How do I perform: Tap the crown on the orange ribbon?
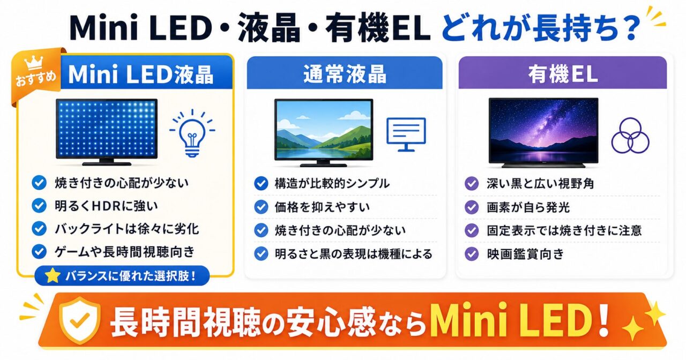pos(34,63)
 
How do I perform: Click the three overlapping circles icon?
pos(630,136)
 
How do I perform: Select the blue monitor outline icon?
pos(406,134)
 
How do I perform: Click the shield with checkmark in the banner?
pos(80,320)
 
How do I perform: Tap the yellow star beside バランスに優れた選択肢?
pos(53,275)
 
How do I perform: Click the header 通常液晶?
pos(345,74)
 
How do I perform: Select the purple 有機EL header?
pos(563,74)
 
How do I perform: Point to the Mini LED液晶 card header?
pos(141,74)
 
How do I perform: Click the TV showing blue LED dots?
pos(107,132)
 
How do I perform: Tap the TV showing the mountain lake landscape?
pos(324,132)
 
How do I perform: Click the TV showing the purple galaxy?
pos(543,132)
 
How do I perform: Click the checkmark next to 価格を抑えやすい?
pos(261,207)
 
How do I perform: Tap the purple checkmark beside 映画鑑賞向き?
pos(472,254)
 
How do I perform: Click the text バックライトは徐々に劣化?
pos(127,229)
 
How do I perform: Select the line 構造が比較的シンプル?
pos(332,183)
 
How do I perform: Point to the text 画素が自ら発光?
pos(528,207)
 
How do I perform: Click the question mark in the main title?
pos(631,27)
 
